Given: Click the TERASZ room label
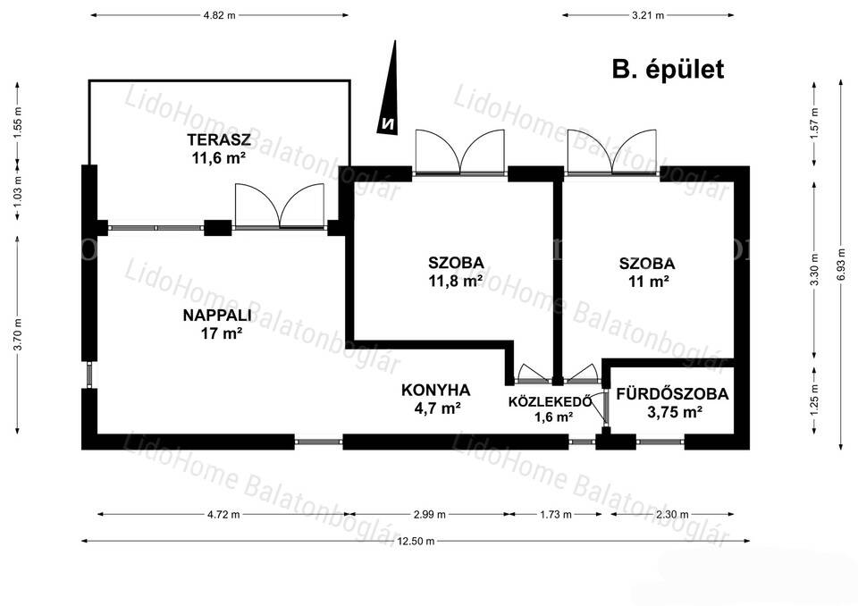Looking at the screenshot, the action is [211, 139].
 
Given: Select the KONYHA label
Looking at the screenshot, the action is [435, 391].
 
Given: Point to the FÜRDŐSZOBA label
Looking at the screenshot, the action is [672, 393].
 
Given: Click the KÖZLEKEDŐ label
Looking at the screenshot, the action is [550, 401].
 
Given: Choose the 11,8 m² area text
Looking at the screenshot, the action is [455, 282].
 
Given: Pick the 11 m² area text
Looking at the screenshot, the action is [647, 282].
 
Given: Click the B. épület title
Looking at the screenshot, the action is [668, 70].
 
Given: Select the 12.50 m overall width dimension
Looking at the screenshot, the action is [416, 541].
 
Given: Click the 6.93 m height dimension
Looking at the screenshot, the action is [841, 265].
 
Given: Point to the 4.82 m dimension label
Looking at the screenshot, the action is [220, 15].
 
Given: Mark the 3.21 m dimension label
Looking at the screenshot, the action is [648, 15].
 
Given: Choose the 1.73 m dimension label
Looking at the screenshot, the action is [555, 515].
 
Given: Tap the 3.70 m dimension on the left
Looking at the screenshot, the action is [18, 334].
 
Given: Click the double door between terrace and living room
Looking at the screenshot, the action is [279, 206].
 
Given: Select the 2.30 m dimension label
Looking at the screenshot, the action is [672, 515].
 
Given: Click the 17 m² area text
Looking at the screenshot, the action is [221, 332].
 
